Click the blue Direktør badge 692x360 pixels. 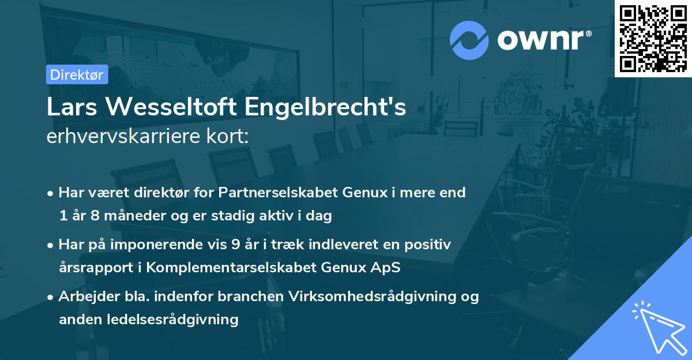point(77,74)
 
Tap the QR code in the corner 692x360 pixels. point(653,38)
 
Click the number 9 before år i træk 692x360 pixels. point(235,245)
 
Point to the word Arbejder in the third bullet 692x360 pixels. point(84,297)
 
